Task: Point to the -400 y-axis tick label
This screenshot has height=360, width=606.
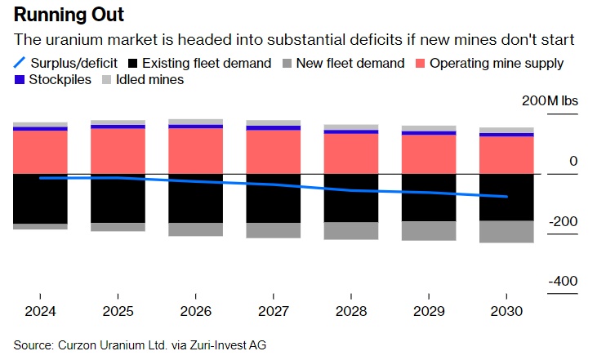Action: point(563,281)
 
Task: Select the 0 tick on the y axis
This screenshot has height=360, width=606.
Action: point(573,162)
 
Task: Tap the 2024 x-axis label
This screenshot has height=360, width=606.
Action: point(40,311)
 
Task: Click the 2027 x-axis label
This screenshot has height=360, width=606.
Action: point(273,311)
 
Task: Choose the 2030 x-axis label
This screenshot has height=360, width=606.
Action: point(506,311)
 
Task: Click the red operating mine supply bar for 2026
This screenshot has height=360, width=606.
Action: point(195,151)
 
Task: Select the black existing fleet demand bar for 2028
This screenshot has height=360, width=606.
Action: point(350,198)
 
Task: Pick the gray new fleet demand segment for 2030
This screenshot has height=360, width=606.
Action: point(506,232)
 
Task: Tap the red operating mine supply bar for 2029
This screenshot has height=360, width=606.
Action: point(428,154)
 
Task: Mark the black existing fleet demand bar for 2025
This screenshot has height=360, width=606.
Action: point(118,198)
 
